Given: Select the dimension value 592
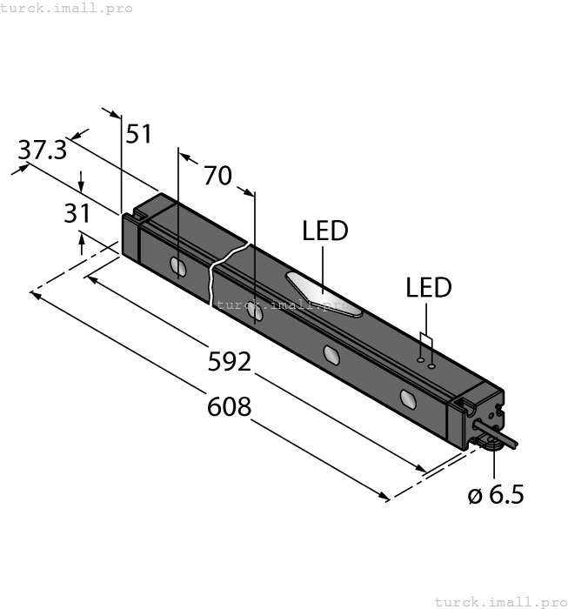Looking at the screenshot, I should click(x=230, y=361).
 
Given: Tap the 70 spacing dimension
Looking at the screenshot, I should click(x=217, y=176).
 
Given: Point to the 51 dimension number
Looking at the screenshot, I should click(x=139, y=135).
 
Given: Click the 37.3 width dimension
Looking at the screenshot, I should click(x=43, y=151).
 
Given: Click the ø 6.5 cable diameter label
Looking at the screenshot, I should click(x=496, y=495).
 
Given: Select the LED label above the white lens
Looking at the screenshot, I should click(x=324, y=231).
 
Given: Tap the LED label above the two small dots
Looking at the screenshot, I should click(x=430, y=289).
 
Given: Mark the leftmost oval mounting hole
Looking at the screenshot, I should click(x=177, y=266).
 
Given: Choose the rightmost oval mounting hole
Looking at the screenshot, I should click(x=407, y=399).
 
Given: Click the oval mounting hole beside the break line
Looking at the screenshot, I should click(x=254, y=311).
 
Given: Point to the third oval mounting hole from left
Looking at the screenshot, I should click(x=331, y=354).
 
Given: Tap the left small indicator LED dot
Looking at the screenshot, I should click(x=419, y=358).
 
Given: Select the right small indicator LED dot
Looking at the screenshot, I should click(x=431, y=366).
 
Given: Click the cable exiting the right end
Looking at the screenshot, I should click(x=505, y=443).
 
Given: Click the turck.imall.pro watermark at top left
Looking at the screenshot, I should click(x=67, y=8).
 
